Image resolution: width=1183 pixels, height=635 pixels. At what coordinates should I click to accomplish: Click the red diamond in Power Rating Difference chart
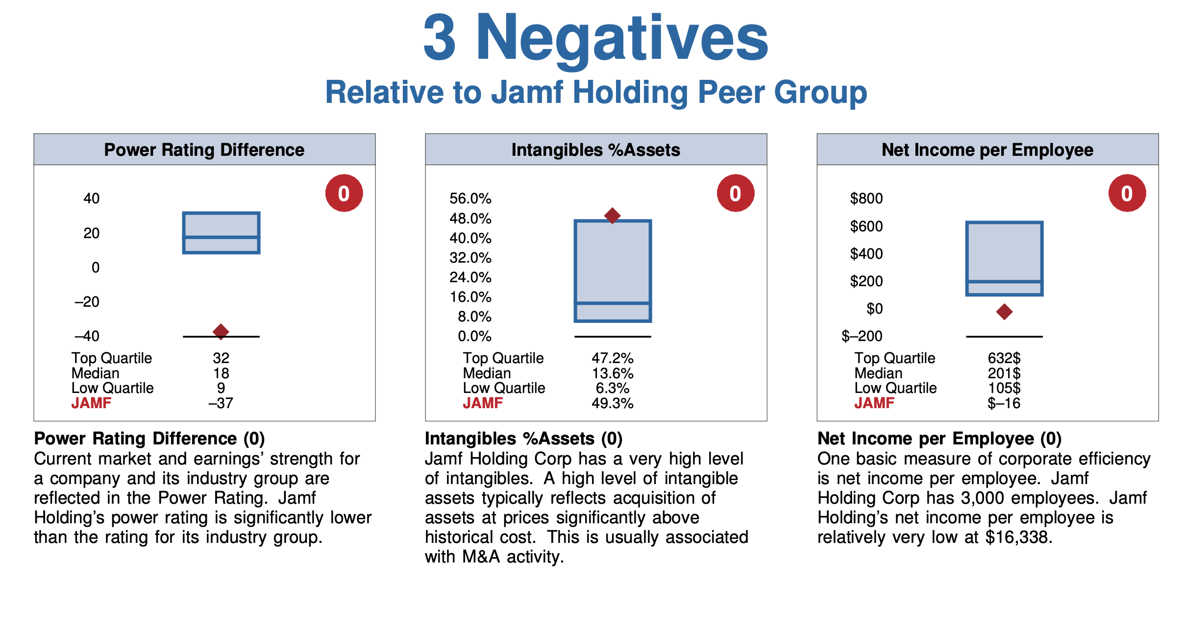click(x=221, y=332)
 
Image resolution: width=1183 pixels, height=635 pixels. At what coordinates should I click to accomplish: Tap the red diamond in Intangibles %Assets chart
click(x=612, y=216)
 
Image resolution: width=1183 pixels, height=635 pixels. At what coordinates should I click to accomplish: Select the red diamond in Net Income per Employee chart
click(x=1004, y=312)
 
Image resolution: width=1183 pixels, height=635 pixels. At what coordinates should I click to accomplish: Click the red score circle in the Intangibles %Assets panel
click(x=735, y=194)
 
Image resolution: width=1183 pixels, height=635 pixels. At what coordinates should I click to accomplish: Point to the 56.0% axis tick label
click(x=470, y=198)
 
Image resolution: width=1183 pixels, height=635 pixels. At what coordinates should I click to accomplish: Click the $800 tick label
click(x=866, y=198)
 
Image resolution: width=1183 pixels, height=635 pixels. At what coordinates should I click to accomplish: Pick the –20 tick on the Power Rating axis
click(x=87, y=302)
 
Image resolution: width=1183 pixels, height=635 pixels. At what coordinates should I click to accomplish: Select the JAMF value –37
click(x=221, y=403)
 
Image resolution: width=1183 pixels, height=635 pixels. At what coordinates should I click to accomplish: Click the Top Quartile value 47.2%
click(x=612, y=358)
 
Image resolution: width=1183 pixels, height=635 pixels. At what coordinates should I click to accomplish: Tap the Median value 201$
click(x=1004, y=373)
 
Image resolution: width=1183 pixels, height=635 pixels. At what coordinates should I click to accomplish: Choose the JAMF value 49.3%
click(x=612, y=403)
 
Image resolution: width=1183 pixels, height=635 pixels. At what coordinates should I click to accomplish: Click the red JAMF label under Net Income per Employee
click(x=874, y=403)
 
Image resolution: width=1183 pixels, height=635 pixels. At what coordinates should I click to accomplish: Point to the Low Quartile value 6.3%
click(x=612, y=388)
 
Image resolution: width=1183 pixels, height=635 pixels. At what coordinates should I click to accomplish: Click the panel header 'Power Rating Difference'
click(x=204, y=150)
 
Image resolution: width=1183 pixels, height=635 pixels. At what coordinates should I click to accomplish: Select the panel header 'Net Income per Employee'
click(x=987, y=150)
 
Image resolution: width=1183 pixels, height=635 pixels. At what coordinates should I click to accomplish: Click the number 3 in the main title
click(x=440, y=38)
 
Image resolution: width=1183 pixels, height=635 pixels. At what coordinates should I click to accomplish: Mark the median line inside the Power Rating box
click(x=221, y=237)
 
